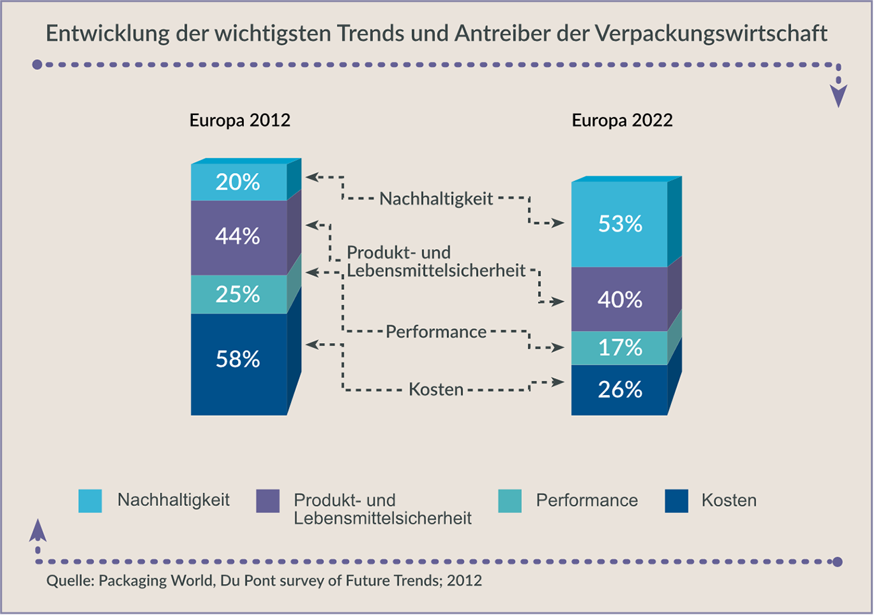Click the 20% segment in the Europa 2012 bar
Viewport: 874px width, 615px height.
239,182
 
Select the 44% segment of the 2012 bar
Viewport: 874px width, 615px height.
239,237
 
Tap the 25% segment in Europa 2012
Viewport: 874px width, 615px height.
239,294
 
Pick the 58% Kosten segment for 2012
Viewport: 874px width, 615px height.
239,360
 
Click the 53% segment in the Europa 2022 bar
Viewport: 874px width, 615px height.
619,224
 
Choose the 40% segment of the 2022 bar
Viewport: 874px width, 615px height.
619,299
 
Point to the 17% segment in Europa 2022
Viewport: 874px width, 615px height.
619,348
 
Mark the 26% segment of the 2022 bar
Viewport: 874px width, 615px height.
619,390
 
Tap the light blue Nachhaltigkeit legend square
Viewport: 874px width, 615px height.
91,501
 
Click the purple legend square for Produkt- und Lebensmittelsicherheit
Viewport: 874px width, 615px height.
268,501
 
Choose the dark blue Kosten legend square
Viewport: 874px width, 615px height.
676,501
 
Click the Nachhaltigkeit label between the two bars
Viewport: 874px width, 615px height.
437,198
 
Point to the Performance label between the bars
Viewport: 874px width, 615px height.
436,332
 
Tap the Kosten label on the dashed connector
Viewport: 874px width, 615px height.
436,390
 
